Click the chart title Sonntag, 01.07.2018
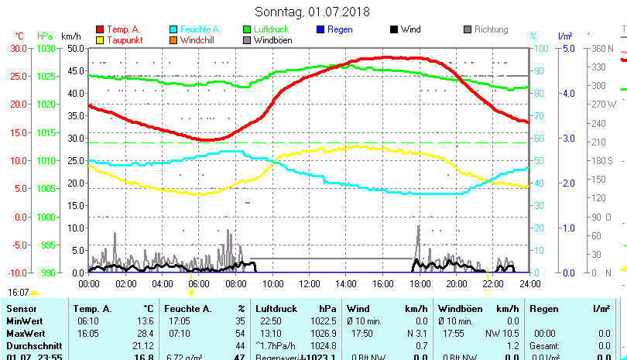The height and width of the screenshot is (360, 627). tap(312, 12)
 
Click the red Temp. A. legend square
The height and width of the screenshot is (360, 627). tap(100, 29)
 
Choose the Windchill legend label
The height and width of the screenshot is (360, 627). tap(198, 40)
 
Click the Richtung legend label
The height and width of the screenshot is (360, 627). tap(492, 29)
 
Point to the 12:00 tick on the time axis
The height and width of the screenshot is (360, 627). tap(309, 283)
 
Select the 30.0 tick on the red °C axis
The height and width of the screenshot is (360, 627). tap(18, 48)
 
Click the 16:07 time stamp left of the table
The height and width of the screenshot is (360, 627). tap(19, 293)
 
